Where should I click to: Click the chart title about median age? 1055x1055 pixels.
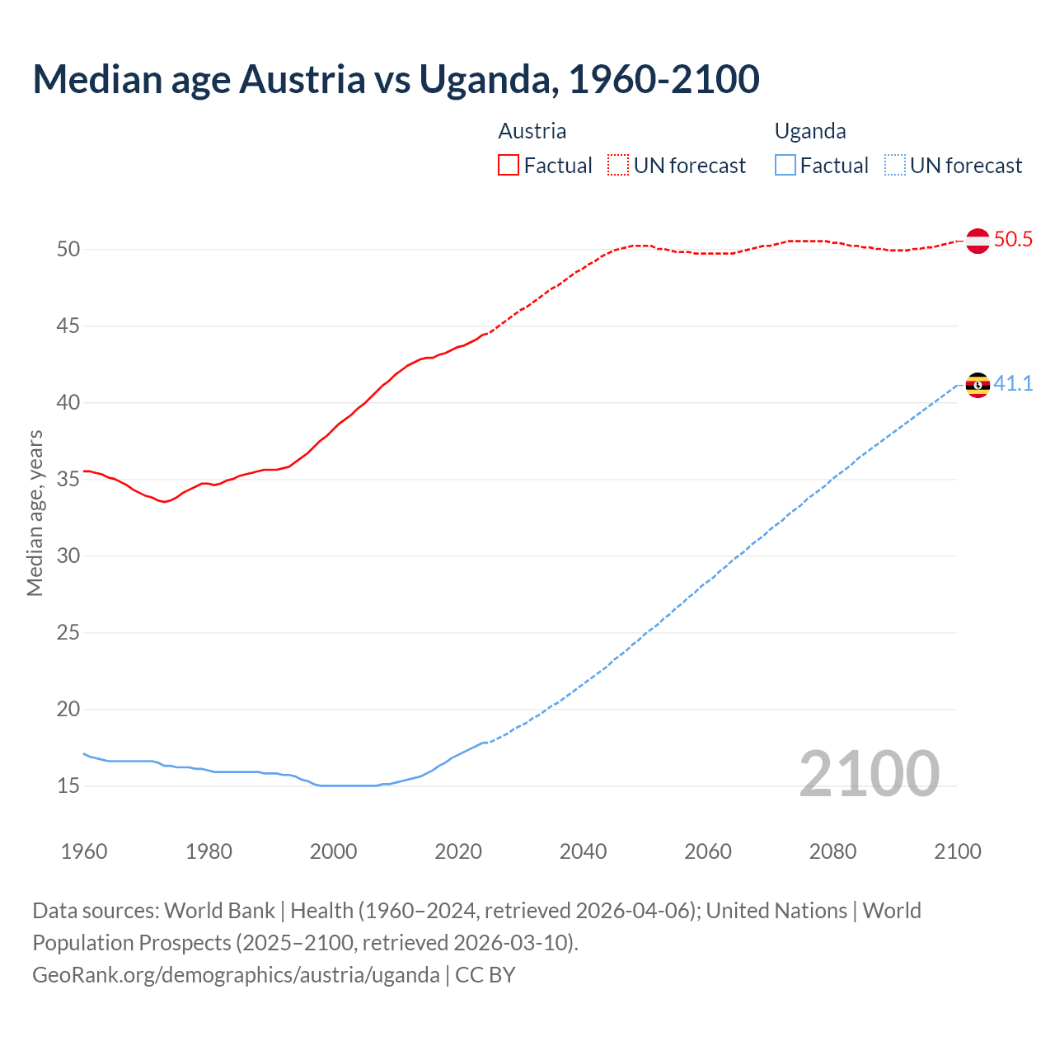pyautogui.click(x=396, y=79)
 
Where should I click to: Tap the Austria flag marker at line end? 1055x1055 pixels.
pyautogui.click(x=978, y=241)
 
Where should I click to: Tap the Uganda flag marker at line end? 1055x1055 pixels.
pyautogui.click(x=978, y=385)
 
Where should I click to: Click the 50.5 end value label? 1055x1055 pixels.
pyautogui.click(x=1013, y=240)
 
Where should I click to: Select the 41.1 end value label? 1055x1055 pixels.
pyautogui.click(x=1013, y=384)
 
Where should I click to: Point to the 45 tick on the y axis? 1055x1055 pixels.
pyautogui.click(x=68, y=326)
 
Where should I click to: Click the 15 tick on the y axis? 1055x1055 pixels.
pyautogui.click(x=68, y=786)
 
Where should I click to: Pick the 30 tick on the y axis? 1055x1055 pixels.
pyautogui.click(x=68, y=556)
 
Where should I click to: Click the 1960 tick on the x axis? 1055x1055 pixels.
pyautogui.click(x=84, y=851)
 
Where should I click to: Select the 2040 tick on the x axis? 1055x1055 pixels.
pyautogui.click(x=583, y=851)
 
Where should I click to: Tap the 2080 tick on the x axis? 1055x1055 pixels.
pyautogui.click(x=832, y=851)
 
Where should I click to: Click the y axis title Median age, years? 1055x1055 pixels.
pyautogui.click(x=35, y=513)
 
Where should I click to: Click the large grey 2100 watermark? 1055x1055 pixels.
pyautogui.click(x=870, y=774)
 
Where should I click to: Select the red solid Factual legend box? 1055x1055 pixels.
pyautogui.click(x=509, y=166)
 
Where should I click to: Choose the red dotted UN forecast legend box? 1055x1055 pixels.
pyautogui.click(x=618, y=166)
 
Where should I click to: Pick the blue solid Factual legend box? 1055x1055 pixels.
pyautogui.click(x=785, y=166)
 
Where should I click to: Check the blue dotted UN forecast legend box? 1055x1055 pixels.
pyautogui.click(x=895, y=166)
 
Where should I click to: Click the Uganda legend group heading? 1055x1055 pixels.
pyautogui.click(x=810, y=131)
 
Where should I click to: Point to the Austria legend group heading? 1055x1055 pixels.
pyautogui.click(x=532, y=131)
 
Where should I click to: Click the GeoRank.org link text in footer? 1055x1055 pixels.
pyautogui.click(x=236, y=975)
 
